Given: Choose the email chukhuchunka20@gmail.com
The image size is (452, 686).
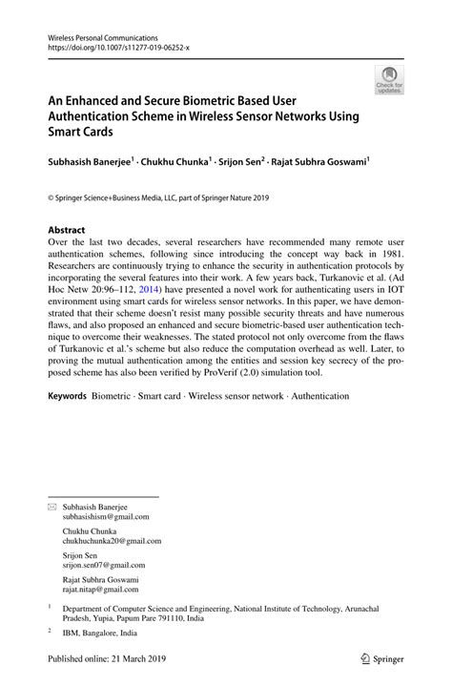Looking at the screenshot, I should [112, 540].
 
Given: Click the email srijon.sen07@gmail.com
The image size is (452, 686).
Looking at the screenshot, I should [104, 564].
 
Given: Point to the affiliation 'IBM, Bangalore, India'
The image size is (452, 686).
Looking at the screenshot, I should [100, 632].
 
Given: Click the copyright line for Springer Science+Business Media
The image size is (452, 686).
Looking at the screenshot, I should [159, 197].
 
